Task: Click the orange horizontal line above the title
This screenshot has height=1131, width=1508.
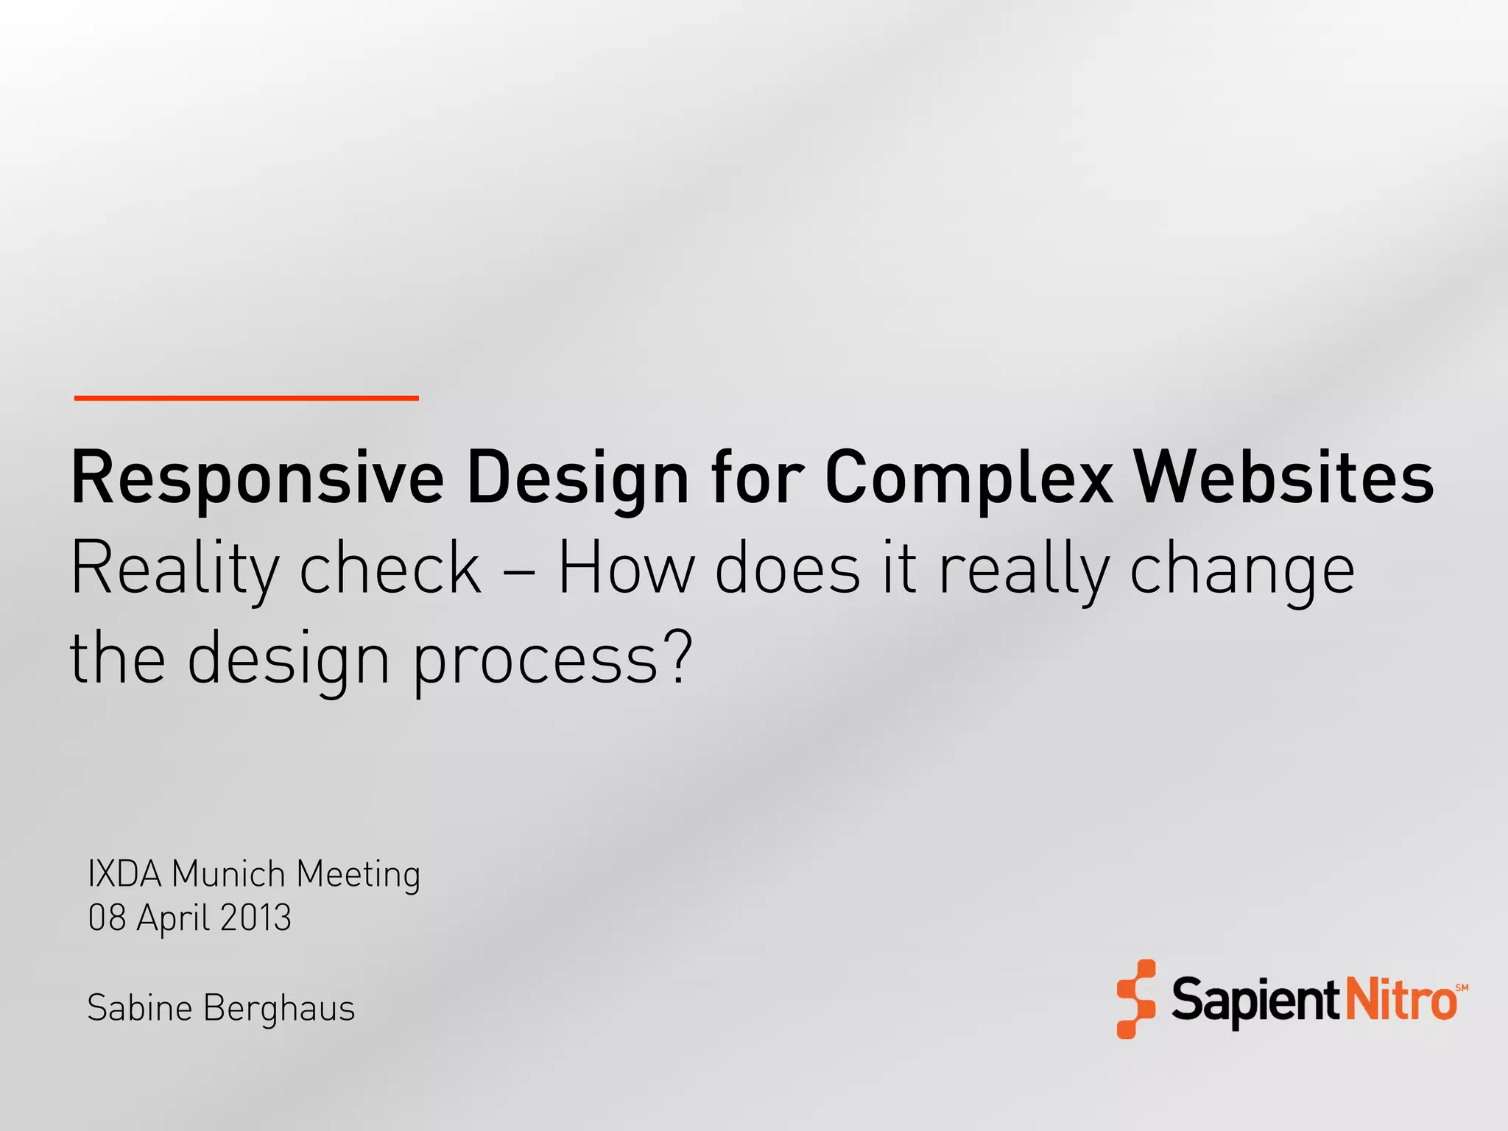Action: (246, 398)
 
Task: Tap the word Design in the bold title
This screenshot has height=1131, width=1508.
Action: (578, 479)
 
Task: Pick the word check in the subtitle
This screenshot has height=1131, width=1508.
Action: (390, 568)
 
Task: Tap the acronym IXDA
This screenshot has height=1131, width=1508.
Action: (124, 874)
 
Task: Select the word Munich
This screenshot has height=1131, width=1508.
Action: (228, 874)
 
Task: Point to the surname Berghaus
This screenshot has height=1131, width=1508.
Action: (279, 1009)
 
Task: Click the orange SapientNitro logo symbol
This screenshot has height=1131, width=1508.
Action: (1135, 999)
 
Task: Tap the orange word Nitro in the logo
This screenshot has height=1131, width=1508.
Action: (1400, 1001)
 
